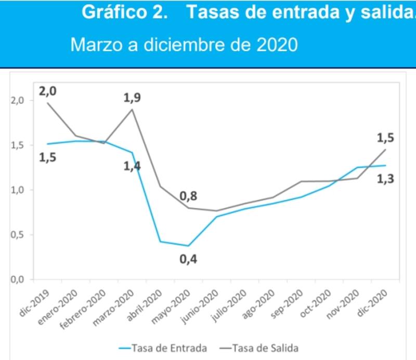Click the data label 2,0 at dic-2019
coord(47,91)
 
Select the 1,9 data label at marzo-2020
coord(132,97)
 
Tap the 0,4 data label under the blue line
coord(188,258)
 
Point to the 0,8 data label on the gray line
coord(188,196)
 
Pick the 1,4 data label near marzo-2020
coord(132,167)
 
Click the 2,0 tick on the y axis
coord(17,100)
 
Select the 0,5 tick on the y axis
coord(17,235)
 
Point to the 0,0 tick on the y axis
coord(17,279)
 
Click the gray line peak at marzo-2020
coord(132,110)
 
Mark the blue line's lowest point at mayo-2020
coord(188,246)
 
